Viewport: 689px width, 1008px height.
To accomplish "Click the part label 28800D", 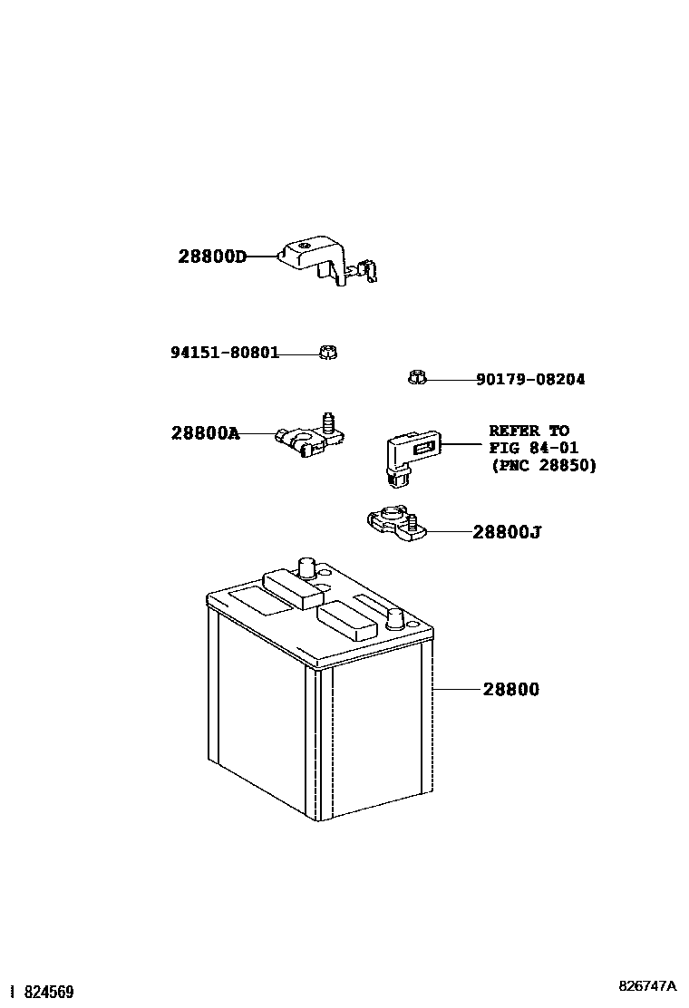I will (212, 257).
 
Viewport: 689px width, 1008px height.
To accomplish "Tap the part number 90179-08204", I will (530, 380).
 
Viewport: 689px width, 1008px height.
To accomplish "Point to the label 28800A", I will (205, 433).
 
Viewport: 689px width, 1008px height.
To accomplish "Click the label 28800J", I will (506, 532).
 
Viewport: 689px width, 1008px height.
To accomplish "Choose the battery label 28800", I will (510, 690).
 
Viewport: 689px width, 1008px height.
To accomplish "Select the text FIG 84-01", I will (533, 448).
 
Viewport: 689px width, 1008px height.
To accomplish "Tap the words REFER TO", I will (529, 431).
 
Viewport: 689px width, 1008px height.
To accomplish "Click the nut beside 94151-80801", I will (328, 352).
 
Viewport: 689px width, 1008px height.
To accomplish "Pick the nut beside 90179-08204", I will (416, 377).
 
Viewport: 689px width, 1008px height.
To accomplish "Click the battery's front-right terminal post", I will (396, 619).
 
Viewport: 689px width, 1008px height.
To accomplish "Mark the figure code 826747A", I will (647, 986).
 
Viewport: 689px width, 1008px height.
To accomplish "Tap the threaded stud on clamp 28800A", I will (328, 422).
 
